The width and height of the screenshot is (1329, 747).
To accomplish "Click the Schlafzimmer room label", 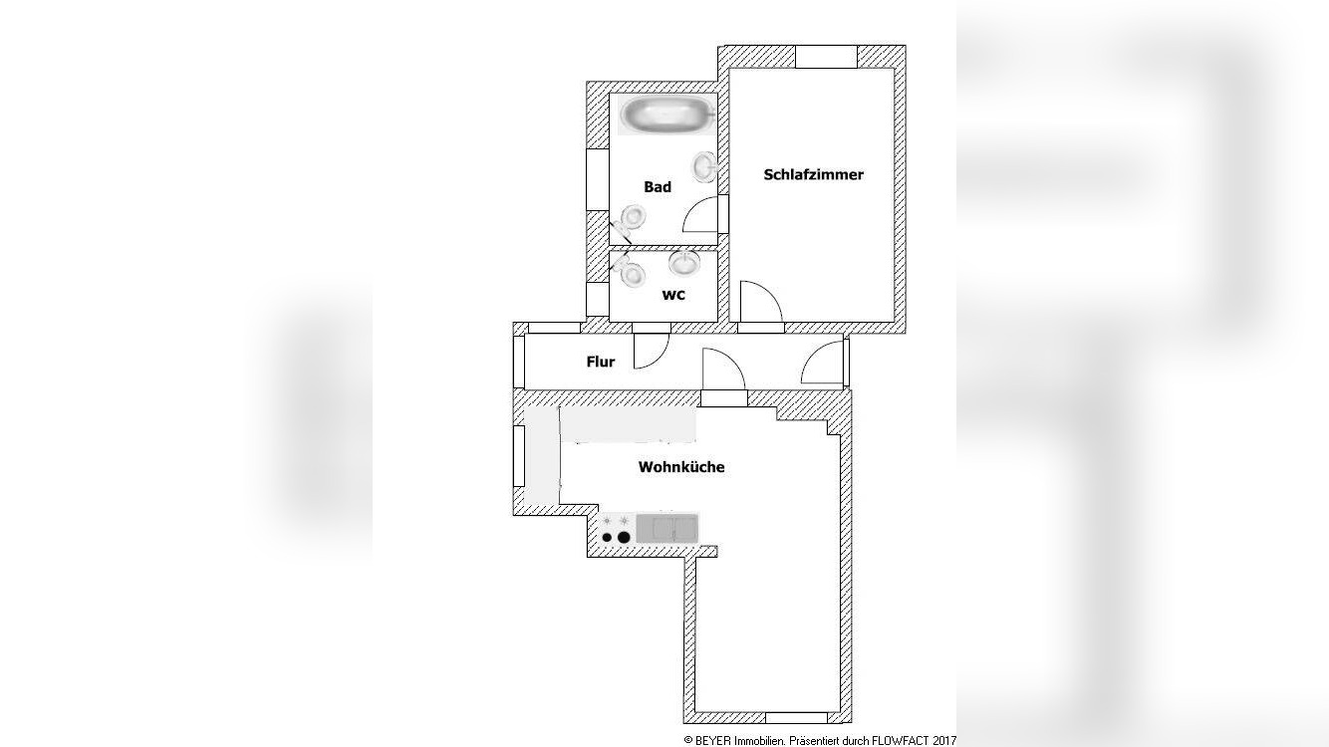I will pos(813,174).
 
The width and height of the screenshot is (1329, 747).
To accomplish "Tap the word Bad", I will pos(658,186).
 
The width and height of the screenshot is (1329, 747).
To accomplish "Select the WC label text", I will pos(673,295).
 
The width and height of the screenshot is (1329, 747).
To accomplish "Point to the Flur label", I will pos(600,362).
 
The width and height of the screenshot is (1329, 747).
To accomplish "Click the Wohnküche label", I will pos(681,466).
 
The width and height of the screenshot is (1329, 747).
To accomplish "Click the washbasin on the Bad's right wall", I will pos(705,166).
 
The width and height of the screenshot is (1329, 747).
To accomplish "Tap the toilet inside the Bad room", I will pos(631,218).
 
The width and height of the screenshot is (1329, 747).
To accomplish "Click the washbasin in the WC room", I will pos(683,263).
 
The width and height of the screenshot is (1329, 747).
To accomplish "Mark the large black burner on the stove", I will pos(624,537).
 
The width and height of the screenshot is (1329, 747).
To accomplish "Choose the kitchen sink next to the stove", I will pos(666,528).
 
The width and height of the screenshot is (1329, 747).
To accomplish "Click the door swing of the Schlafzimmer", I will pos(759,304).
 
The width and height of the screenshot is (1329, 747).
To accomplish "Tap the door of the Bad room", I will pos(701,214).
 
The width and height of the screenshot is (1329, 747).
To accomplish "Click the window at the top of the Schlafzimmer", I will pos(825,57).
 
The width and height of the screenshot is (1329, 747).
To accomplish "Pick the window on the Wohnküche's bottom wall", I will pos(796,717).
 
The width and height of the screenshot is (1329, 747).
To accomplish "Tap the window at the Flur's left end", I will pos(518,362).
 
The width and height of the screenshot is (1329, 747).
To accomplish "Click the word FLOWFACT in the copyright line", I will pos(902,740).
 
